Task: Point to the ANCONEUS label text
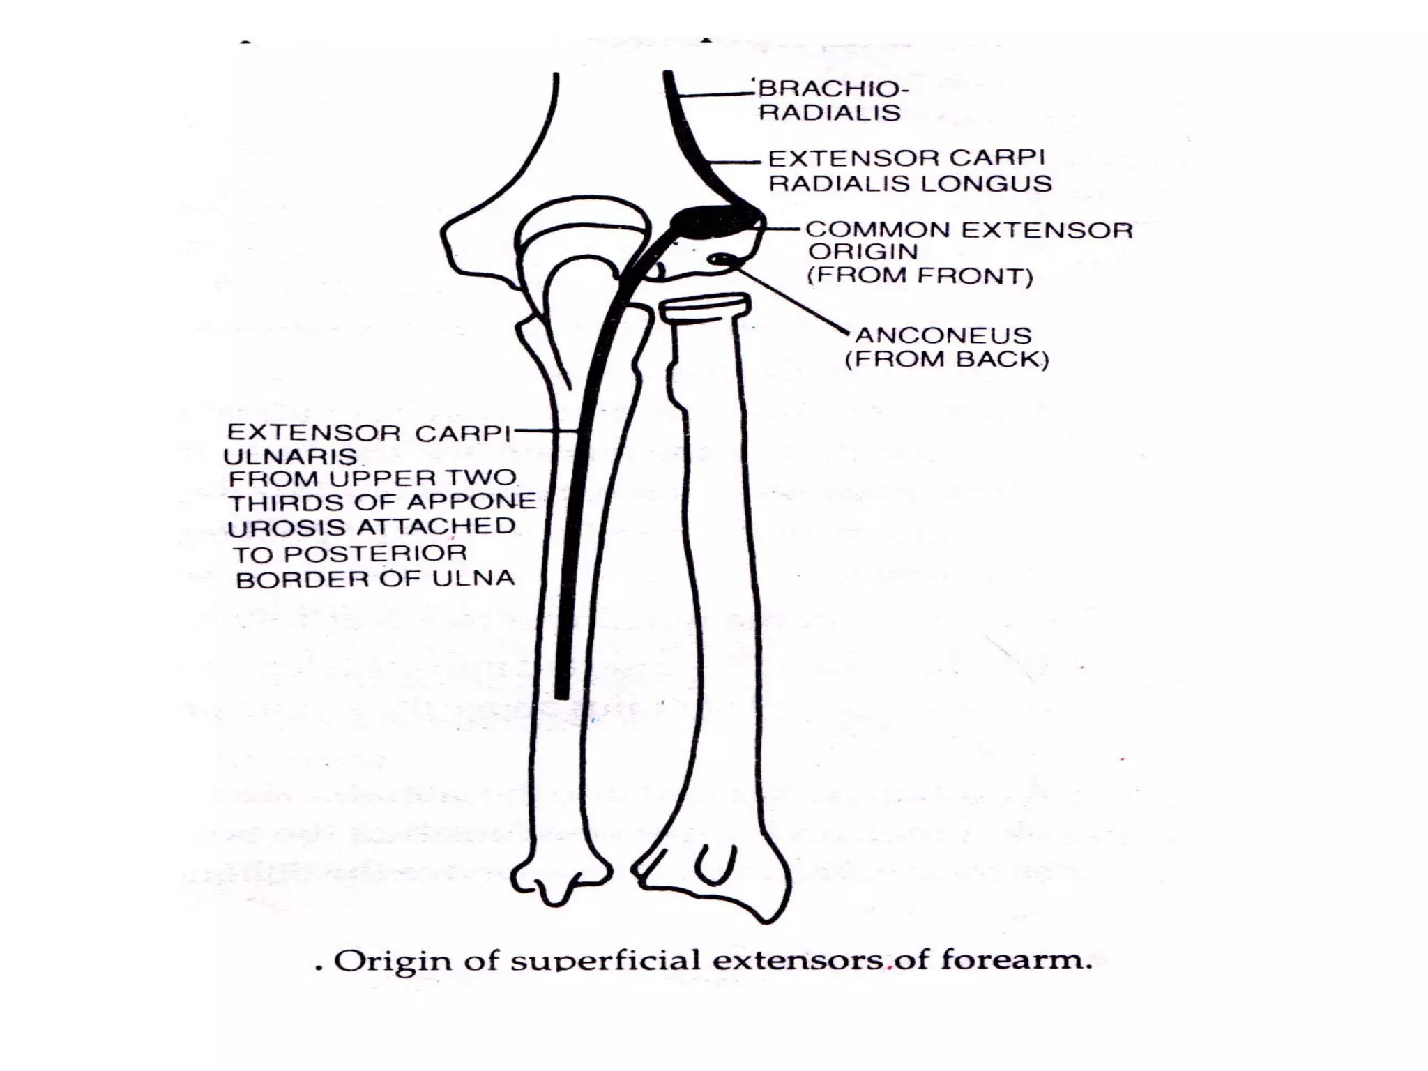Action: click(x=943, y=335)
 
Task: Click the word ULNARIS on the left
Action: click(x=290, y=457)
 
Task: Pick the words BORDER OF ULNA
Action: click(x=375, y=579)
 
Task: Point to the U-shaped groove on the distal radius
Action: click(x=715, y=865)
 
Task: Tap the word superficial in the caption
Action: click(x=605, y=961)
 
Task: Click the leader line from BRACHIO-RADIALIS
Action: click(x=718, y=93)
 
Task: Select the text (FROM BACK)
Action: click(x=946, y=360)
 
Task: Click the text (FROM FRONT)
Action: click(x=920, y=276)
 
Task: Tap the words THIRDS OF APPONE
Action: click(x=382, y=502)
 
